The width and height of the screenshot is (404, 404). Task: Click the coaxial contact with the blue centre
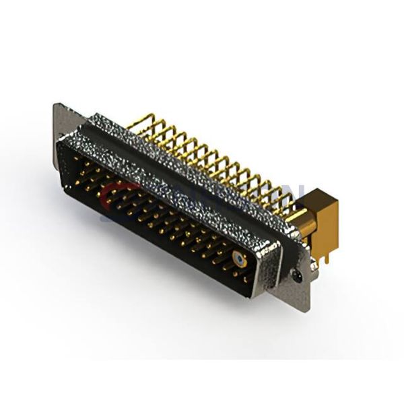(x=240, y=258)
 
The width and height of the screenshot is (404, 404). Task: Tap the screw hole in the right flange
(x=297, y=275)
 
